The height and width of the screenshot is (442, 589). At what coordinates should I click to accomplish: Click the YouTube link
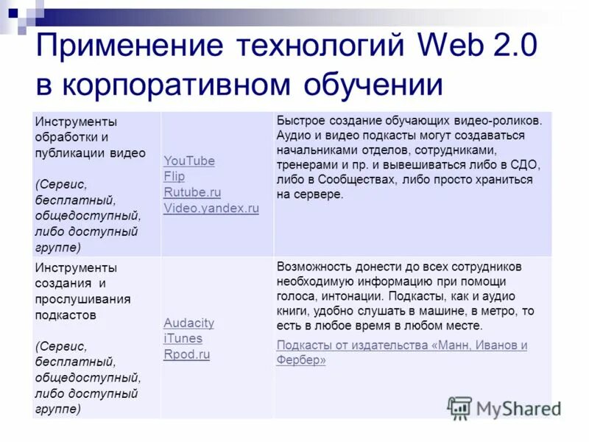pyautogui.click(x=189, y=161)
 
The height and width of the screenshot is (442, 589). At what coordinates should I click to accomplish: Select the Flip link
pyautogui.click(x=174, y=177)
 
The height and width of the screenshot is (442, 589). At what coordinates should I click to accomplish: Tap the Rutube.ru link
pyautogui.click(x=192, y=192)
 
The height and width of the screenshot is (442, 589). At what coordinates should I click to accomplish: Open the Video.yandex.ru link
pyautogui.click(x=211, y=208)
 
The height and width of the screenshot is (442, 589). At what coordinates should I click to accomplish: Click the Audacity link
pyautogui.click(x=189, y=323)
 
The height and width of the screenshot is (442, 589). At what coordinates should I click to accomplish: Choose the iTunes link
pyautogui.click(x=183, y=339)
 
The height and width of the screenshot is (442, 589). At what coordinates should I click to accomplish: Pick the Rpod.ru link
pyautogui.click(x=187, y=354)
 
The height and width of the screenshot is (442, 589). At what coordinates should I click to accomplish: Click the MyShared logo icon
pyautogui.click(x=459, y=408)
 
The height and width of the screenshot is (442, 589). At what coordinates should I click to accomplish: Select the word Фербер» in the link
pyautogui.click(x=301, y=360)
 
